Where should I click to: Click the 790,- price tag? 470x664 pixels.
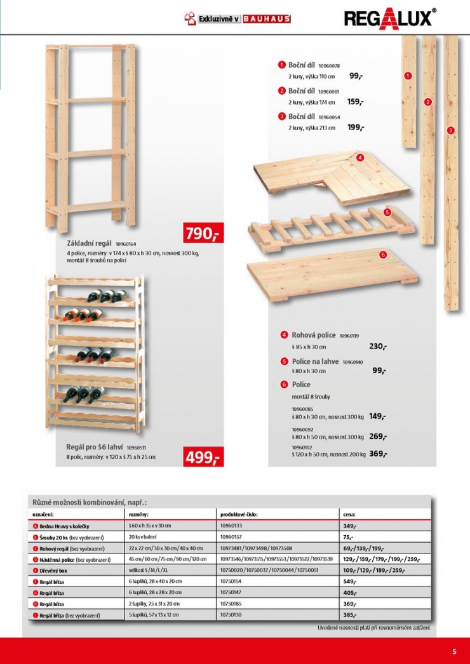coord(201,234)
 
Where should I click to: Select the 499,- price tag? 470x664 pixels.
coord(201,457)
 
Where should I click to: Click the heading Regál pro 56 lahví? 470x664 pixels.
coord(95,446)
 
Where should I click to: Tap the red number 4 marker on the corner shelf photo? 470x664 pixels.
coord(359,157)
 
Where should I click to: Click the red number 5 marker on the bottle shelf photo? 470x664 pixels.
coord(386,213)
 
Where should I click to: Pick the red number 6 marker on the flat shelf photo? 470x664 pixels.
coord(382,255)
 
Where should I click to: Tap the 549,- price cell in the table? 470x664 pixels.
coord(349,581)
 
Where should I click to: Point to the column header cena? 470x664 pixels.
coord(349,515)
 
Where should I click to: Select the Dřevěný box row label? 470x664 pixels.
coord(55,571)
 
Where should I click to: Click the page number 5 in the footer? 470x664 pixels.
coord(454,651)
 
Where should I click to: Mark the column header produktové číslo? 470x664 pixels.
coord(239,515)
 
